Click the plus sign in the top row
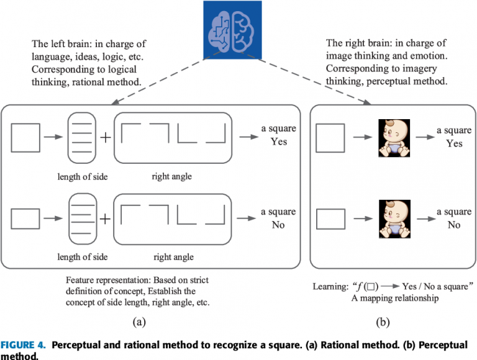click(106, 137)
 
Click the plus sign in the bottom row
click(106, 218)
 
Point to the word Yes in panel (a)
click(278, 142)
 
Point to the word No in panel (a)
click(278, 225)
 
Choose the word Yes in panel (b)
click(454, 143)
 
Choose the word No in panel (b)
click(454, 225)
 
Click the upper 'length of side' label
click(83, 177)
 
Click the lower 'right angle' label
click(172, 257)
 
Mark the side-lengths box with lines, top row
click(83, 137)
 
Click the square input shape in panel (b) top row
click(330, 137)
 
